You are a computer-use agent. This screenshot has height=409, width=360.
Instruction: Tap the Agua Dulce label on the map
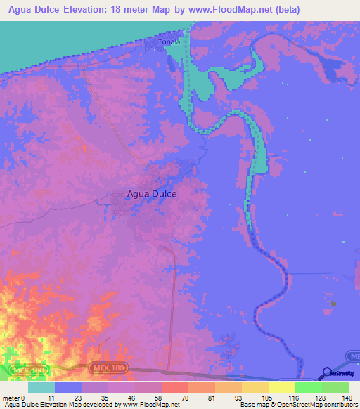coord(151,195)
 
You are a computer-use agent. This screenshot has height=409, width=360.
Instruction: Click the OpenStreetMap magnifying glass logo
coord(327,373)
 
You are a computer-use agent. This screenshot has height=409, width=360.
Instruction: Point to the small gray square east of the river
coord(333,304)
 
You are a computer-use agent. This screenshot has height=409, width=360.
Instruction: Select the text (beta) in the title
coord(286,10)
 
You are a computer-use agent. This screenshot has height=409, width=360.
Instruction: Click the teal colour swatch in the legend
coord(41,387)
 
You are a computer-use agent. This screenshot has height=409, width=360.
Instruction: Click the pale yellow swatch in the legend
coord(281,387)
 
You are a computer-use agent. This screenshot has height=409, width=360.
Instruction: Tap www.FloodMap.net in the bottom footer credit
coord(150,404)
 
